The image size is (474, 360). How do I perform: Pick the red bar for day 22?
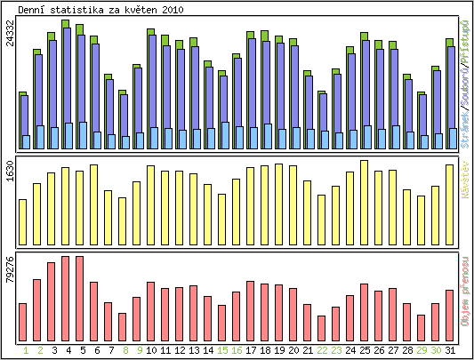pos(321,328)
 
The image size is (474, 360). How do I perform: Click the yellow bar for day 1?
pos(22,221)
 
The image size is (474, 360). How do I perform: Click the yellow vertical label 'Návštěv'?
pos(465,200)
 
